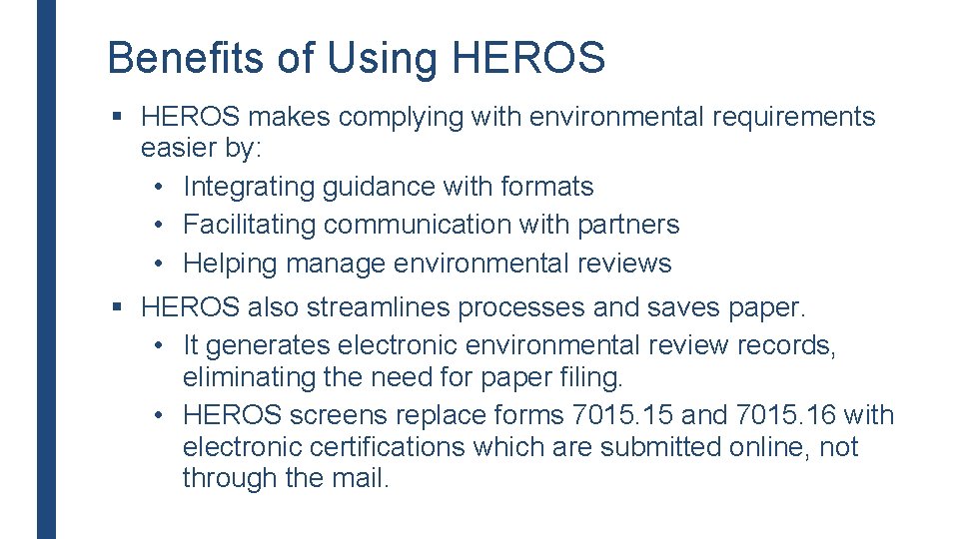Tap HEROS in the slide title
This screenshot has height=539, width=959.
click(x=528, y=58)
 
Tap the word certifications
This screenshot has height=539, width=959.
click(x=369, y=447)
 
